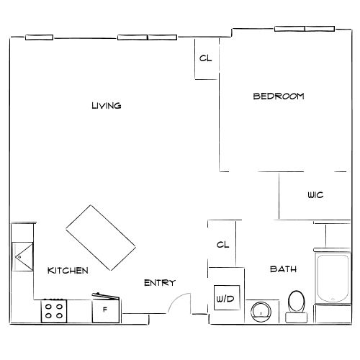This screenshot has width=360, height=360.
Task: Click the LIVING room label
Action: (107, 106)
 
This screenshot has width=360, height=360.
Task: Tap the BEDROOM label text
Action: (279, 96)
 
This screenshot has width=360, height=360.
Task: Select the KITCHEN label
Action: (68, 271)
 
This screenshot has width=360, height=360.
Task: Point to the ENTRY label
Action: (160, 283)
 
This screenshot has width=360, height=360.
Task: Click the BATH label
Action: (283, 269)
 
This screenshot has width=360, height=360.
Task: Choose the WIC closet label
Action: (315, 194)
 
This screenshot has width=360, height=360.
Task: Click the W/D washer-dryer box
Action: (227, 297)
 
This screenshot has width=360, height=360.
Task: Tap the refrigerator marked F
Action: (106, 309)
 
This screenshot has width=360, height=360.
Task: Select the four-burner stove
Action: (54, 311)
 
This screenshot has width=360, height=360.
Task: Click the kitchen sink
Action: (22, 257)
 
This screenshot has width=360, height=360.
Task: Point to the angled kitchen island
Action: (101, 238)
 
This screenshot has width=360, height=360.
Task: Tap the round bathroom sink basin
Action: (261, 312)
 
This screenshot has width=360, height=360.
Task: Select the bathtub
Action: (333, 278)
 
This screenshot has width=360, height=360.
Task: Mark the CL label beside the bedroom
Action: (206, 58)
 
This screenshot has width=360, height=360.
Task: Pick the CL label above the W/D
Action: (222, 245)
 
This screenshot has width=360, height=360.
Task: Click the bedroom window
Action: (305, 29)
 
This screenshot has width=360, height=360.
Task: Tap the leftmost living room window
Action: (40, 37)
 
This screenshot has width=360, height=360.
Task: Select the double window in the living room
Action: (148, 37)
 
